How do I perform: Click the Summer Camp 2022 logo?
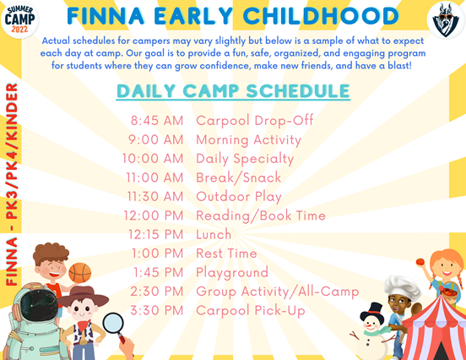coord(19,19)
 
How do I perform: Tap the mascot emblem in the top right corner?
coord(446,20)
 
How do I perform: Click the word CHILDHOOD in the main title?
coord(321,16)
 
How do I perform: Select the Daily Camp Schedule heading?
coord(233,90)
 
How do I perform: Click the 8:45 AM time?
coord(157,121)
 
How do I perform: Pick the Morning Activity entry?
coord(248,140)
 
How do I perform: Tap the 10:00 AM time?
coord(153,159)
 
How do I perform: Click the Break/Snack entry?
coord(239,177)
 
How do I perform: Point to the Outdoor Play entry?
coord(239,197)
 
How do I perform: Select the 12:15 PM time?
coord(155,234)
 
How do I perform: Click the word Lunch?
coord(214,234)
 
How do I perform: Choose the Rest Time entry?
coord(226,254)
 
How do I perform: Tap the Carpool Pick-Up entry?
coord(251,311)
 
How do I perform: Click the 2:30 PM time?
coord(157,292)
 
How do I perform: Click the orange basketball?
coord(80,273)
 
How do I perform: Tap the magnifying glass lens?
coord(113,324)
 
